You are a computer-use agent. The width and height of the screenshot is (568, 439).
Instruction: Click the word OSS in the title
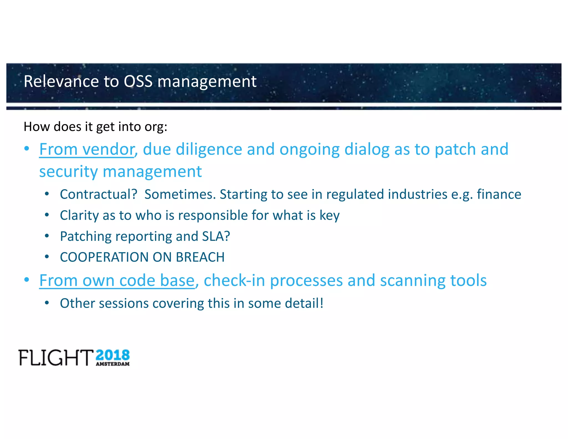tap(138, 82)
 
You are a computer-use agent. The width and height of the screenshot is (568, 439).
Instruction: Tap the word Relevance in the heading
tap(61, 82)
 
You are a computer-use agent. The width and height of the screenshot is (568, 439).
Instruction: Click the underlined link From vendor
tap(87, 150)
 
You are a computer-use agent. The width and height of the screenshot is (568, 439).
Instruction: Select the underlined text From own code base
tap(117, 281)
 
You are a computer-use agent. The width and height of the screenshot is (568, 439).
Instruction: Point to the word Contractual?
tap(98, 194)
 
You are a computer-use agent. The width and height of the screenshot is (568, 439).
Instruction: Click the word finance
tap(499, 194)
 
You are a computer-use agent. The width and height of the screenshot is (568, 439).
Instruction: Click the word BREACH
tap(200, 257)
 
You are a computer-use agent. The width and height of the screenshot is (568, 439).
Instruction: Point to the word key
tap(329, 216)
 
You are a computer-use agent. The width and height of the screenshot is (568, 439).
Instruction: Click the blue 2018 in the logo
tap(113, 355)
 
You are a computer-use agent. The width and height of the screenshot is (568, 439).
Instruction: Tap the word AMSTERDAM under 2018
tap(113, 364)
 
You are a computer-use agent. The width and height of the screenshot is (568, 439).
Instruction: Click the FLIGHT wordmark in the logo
tap(56, 358)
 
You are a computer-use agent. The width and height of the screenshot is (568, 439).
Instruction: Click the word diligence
tap(209, 150)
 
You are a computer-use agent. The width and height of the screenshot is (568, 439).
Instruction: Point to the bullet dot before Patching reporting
tap(47, 236)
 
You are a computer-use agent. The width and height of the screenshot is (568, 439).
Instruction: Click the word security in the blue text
tap(68, 172)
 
